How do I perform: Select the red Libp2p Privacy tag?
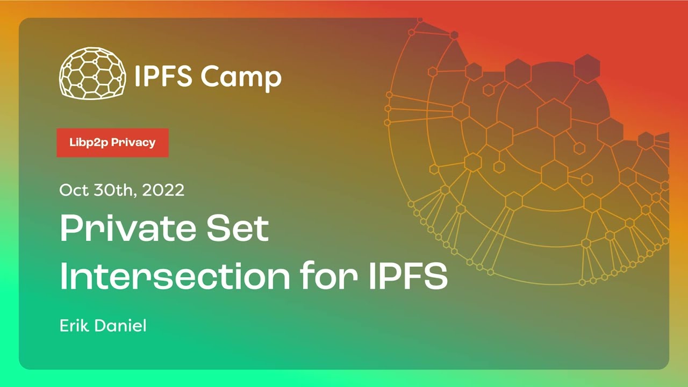(x=112, y=142)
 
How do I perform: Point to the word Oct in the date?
(x=73, y=190)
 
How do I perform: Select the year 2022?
(x=163, y=190)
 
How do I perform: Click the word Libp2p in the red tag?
(x=89, y=142)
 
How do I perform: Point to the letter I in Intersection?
(x=63, y=276)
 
